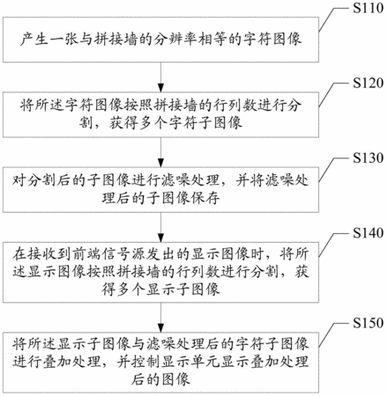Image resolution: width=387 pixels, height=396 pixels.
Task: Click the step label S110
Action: click(x=368, y=8)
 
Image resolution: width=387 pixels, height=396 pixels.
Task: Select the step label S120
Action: click(x=368, y=83)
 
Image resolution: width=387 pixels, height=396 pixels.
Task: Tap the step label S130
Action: click(x=368, y=158)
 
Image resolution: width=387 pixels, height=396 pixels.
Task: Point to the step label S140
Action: click(x=368, y=233)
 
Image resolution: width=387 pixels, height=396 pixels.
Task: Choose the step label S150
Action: click(x=368, y=323)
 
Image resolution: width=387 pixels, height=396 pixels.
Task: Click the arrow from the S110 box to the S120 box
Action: click(x=160, y=77)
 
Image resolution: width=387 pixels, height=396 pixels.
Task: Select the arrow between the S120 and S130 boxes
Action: click(x=160, y=152)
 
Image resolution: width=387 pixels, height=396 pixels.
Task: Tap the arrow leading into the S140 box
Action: click(x=160, y=227)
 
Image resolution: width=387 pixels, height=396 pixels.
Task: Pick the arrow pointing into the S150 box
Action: click(x=160, y=318)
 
